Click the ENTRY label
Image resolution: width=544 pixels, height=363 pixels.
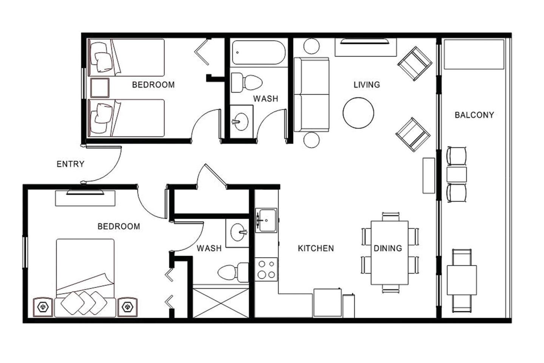[70, 164]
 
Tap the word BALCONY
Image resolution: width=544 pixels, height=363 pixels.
[474, 115]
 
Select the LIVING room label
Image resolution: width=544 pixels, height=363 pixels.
[367, 85]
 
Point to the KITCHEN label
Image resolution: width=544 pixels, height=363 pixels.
[316, 248]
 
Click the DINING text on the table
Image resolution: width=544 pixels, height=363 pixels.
[388, 248]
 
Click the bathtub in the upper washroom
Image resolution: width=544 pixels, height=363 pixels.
[259, 52]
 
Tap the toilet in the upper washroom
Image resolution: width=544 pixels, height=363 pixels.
[247, 82]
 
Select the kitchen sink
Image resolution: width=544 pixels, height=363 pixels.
[266, 220]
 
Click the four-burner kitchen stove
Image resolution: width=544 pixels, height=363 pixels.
[266, 269]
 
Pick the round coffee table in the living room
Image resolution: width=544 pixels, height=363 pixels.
[358, 113]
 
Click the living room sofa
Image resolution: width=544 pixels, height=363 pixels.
[312, 95]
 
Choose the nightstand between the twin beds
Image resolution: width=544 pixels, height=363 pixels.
[100, 88]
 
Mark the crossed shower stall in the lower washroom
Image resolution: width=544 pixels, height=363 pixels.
[221, 303]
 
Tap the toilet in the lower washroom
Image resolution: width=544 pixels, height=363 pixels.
[233, 272]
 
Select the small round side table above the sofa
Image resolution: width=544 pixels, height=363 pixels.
[311, 46]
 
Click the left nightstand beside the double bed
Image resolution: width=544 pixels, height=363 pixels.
[43, 307]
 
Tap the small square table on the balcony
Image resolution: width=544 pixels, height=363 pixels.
[462, 280]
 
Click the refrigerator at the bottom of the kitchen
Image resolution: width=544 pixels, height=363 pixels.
[328, 303]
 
